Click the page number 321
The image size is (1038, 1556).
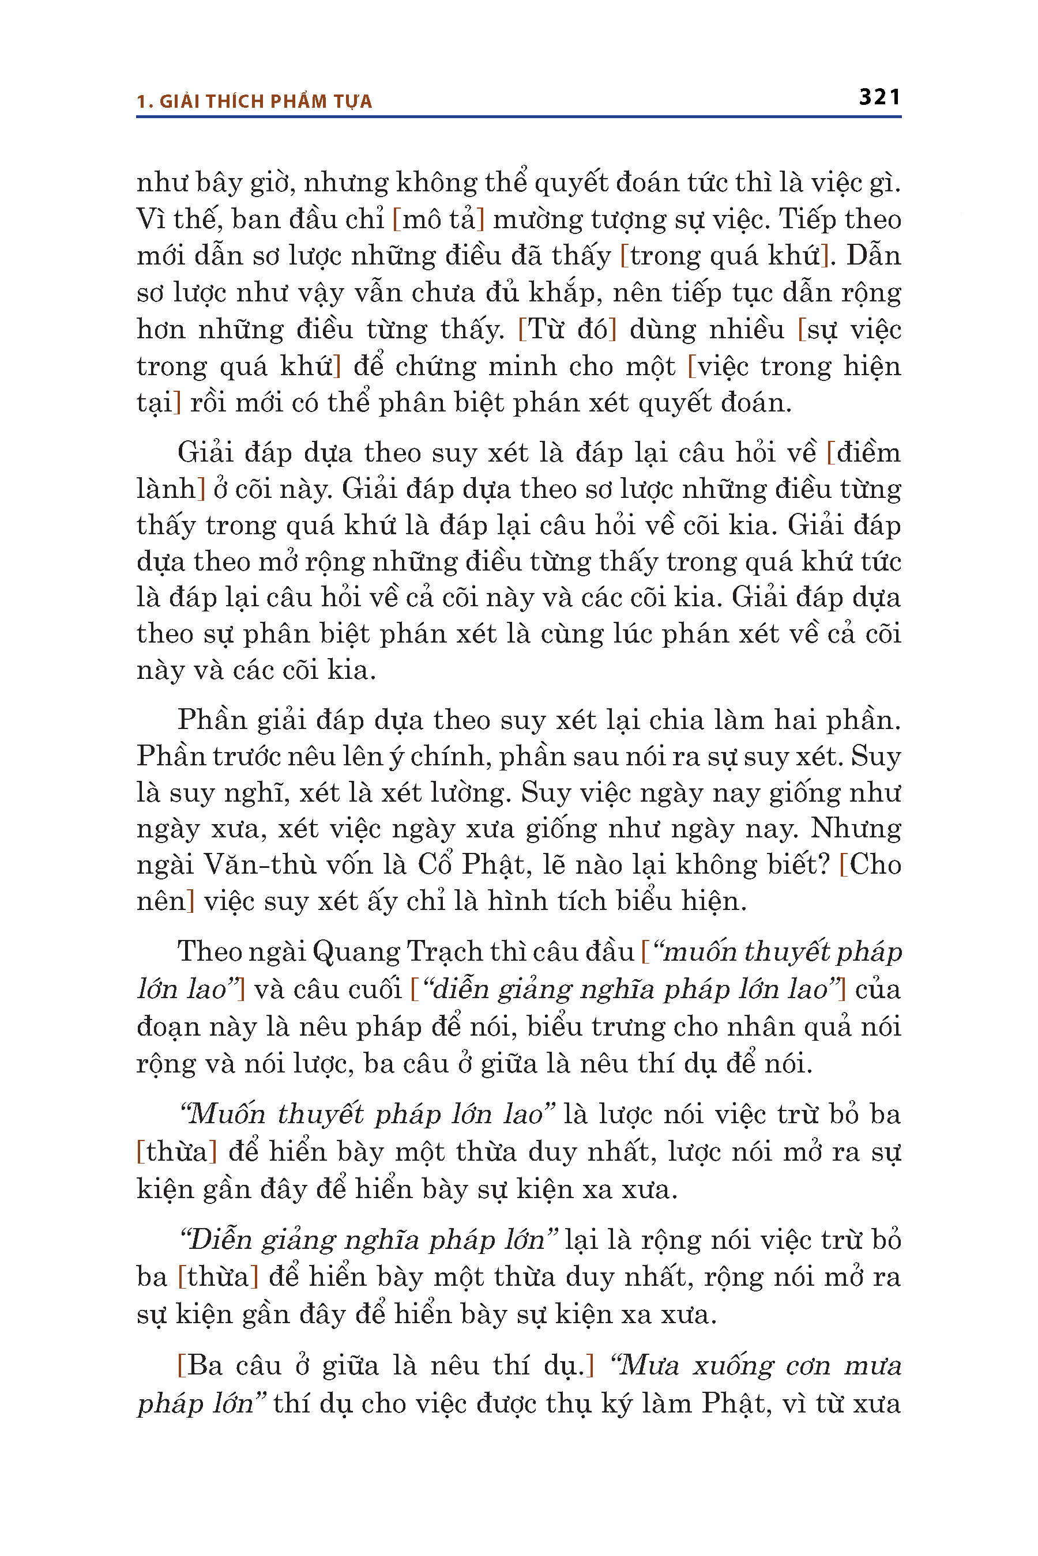879,97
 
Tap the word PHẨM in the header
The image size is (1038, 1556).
281,101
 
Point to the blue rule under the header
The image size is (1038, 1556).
518,117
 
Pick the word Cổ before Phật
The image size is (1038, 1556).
434,864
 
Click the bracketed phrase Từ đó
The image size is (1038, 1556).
567,330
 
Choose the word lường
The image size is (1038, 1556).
477,792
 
